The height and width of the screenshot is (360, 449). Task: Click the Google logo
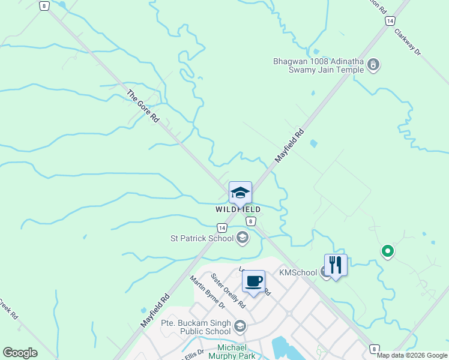coord(20,353)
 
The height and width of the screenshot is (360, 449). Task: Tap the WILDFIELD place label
coord(238,209)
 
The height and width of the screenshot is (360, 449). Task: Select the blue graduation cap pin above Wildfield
coord(240,193)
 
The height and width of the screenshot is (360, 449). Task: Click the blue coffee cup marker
coord(253,281)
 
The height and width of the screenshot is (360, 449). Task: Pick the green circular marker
coord(388,251)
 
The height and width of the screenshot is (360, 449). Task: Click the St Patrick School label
coord(202,239)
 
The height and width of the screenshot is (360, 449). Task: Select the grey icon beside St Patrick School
coord(242,238)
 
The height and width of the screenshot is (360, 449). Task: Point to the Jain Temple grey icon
coord(373,64)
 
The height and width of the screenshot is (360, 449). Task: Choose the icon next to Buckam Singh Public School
coord(240,326)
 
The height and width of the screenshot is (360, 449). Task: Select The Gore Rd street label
coord(143,106)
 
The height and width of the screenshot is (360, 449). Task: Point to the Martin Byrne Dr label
coord(206,292)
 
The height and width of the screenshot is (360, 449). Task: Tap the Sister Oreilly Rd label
coord(228,290)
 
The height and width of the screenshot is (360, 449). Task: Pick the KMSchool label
coord(298,272)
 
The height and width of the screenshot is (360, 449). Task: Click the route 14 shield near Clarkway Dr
coord(390,21)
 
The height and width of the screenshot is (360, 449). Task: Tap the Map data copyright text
coord(412,355)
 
